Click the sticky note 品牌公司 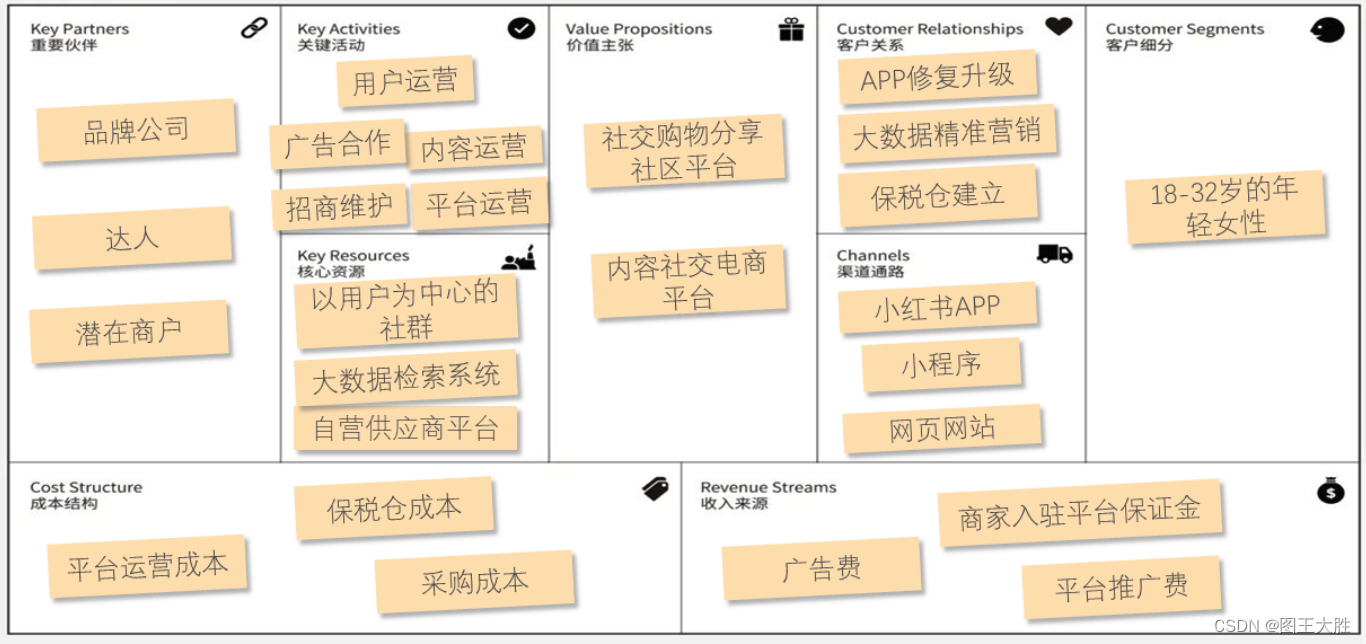136,130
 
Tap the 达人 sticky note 132,238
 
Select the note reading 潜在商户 129,331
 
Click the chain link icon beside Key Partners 254,28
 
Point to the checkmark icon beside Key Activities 521,28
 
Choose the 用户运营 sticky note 404,81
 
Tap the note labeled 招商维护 339,207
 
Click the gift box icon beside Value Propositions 791,30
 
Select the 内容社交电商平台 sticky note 688,282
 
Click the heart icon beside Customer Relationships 1058,27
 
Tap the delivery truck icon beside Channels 1054,254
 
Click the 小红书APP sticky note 937,308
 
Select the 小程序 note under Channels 941,365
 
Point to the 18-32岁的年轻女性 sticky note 1225,207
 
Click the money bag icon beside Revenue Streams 1330,490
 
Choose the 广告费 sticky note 821,569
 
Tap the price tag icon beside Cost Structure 655,489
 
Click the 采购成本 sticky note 474,581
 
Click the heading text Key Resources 353,256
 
